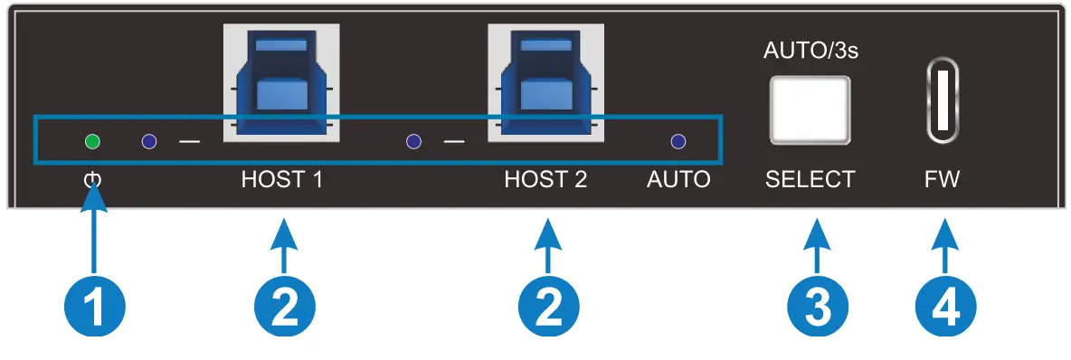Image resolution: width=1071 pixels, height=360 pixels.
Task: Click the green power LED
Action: [x=91, y=141]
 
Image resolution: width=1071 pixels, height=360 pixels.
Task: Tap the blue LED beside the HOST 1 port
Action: [x=150, y=141]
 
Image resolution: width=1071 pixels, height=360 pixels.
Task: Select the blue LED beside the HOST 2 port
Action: [x=413, y=141]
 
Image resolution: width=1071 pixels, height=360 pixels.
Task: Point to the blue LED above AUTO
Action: [x=678, y=141]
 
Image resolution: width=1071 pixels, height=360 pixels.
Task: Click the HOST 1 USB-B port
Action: [x=281, y=82]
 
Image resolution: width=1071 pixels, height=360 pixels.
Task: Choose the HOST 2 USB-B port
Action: [x=545, y=82]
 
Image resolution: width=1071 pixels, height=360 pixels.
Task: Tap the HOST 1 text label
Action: [x=281, y=180]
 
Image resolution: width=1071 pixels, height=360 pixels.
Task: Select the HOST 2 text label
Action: [x=545, y=180]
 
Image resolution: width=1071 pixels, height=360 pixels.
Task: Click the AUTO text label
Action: [x=678, y=180]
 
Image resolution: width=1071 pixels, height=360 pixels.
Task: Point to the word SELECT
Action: [x=810, y=180]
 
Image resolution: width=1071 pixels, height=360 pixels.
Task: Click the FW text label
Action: [x=942, y=180]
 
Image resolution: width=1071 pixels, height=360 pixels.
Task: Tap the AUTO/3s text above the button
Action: [x=810, y=52]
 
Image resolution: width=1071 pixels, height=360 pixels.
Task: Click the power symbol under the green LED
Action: [x=92, y=180]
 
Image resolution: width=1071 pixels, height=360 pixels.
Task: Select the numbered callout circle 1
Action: [x=93, y=310]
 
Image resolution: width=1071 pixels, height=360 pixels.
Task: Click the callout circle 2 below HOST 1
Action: [x=283, y=310]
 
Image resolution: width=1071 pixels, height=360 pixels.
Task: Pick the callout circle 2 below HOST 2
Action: [x=546, y=310]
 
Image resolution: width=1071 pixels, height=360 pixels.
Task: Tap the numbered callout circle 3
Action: [x=817, y=310]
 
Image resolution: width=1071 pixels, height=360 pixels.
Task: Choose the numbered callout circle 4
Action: [x=945, y=310]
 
